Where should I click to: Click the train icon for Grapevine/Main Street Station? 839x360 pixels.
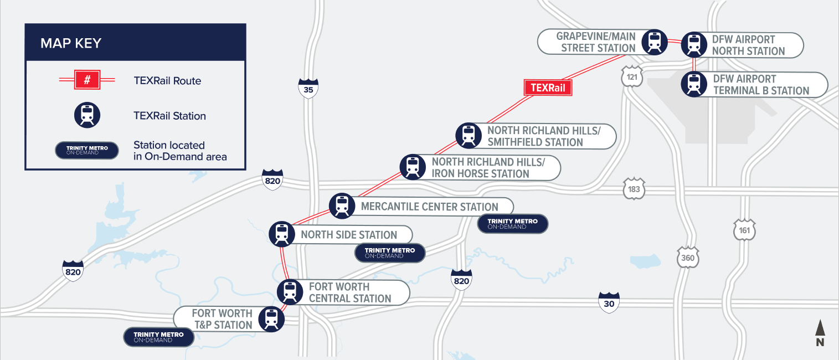click(655, 42)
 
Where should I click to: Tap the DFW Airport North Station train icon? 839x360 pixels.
click(693, 45)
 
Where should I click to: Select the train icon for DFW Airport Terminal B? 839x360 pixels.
click(693, 84)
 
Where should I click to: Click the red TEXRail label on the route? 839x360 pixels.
click(548, 88)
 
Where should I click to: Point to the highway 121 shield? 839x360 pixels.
click(632, 77)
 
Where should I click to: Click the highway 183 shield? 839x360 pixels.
click(634, 189)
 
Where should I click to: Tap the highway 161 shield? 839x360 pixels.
click(743, 230)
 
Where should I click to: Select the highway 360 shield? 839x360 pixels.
click(687, 258)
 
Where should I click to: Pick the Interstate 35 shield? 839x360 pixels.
click(308, 88)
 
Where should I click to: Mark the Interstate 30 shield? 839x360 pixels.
click(609, 302)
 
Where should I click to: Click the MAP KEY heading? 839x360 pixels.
click(71, 43)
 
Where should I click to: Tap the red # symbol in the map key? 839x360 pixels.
click(87, 80)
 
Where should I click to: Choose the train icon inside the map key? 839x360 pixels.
click(87, 115)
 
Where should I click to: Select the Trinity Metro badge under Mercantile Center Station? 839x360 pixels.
click(512, 224)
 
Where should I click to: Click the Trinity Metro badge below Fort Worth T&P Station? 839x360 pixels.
click(158, 337)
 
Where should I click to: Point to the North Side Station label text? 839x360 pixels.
click(349, 235)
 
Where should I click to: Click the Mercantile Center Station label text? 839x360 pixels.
click(429, 207)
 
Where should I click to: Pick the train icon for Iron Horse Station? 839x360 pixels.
click(412, 166)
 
